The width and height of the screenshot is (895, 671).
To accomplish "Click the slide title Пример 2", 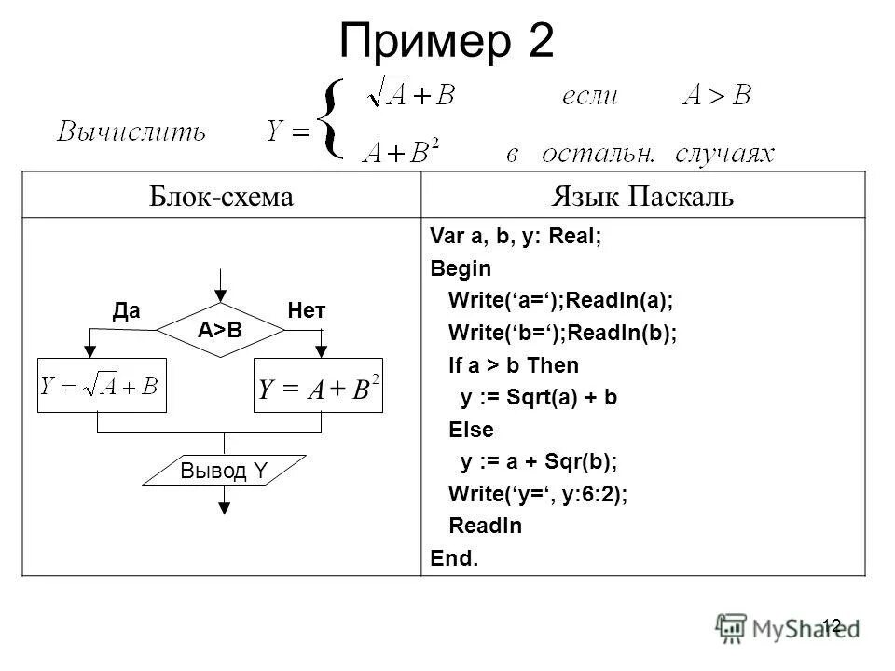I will [447, 41].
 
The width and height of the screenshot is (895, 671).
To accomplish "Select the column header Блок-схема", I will [222, 197].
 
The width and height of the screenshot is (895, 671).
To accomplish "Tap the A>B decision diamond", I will [220, 329].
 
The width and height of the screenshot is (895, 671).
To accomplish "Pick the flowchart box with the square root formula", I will [102, 386].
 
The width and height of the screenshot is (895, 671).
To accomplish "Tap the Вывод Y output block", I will [224, 472].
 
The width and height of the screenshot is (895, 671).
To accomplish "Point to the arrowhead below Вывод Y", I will [224, 507].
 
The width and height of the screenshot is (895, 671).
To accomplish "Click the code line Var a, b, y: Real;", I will [516, 237].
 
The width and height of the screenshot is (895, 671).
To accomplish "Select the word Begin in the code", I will [460, 268].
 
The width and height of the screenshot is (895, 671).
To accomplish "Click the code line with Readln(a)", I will [559, 301].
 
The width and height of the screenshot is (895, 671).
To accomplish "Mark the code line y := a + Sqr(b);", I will [539, 461].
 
